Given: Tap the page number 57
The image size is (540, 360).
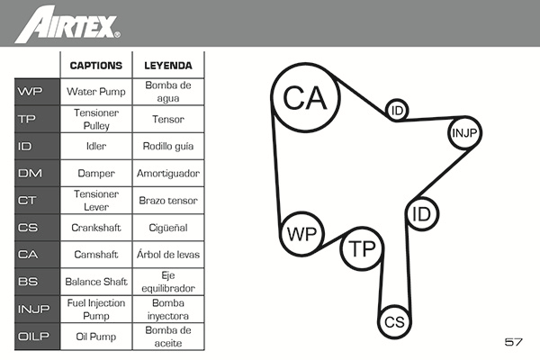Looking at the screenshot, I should pyautogui.click(x=514, y=342).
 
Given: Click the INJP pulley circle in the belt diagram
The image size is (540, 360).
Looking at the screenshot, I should pyautogui.click(x=464, y=133).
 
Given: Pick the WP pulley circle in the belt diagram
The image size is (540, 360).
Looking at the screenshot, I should pyautogui.click(x=300, y=235).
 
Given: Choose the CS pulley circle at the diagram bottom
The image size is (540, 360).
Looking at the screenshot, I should pyautogui.click(x=393, y=321).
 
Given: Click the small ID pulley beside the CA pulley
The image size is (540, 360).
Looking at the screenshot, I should pyautogui.click(x=397, y=110).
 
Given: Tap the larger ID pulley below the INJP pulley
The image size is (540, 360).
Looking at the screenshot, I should pyautogui.click(x=420, y=214).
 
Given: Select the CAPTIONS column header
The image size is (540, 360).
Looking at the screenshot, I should pyautogui.click(x=96, y=66).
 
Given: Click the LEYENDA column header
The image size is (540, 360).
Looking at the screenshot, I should pyautogui.click(x=168, y=66).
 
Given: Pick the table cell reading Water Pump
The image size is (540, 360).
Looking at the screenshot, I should pyautogui.click(x=96, y=92).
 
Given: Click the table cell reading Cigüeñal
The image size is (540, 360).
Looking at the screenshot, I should pyautogui.click(x=168, y=228).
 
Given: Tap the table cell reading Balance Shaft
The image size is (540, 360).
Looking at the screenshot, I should pyautogui.click(x=96, y=282).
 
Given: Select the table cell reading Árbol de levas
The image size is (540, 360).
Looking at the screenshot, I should pyautogui.click(x=168, y=255).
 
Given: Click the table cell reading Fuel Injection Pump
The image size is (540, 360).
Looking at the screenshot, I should pyautogui.click(x=96, y=309).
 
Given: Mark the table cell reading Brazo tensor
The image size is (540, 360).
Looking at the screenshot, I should pyautogui.click(x=168, y=200).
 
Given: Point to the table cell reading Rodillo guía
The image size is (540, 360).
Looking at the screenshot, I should pyautogui.click(x=168, y=146).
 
